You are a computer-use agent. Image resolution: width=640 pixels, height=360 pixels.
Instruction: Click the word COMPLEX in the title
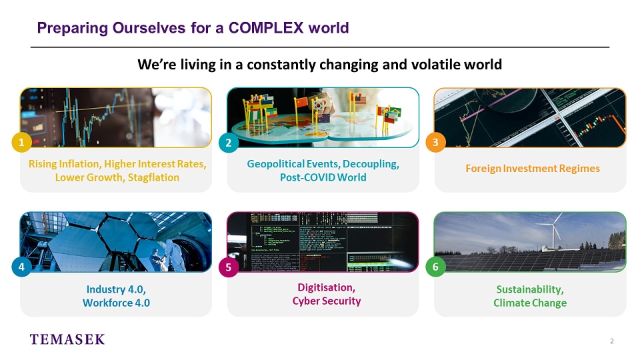click(x=266, y=28)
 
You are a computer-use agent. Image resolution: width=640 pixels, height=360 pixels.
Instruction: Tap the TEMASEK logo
click(x=67, y=339)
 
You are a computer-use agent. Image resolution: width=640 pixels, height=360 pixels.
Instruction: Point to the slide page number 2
click(x=611, y=341)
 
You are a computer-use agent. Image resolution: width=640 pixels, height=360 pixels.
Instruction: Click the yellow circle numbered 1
click(x=21, y=143)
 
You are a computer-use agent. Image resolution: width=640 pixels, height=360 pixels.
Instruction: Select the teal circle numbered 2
click(x=229, y=143)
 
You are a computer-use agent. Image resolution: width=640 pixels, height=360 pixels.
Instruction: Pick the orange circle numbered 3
click(x=435, y=143)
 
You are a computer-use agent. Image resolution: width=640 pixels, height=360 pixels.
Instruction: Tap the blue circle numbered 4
click(x=21, y=267)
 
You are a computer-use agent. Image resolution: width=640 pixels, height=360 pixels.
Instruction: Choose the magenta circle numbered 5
click(x=229, y=267)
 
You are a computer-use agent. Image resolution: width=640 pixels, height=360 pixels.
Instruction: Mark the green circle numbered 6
click(x=435, y=267)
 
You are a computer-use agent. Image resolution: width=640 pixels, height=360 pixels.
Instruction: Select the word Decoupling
click(x=371, y=164)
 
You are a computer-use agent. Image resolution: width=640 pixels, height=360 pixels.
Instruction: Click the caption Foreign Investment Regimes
click(x=533, y=169)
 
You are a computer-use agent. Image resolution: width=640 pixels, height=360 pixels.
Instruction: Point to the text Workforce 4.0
click(x=116, y=303)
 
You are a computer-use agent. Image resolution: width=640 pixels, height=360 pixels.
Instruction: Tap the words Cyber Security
click(x=327, y=301)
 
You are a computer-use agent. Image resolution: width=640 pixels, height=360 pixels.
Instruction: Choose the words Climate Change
click(x=530, y=303)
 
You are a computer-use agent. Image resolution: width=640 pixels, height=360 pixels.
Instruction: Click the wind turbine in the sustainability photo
click(x=553, y=231)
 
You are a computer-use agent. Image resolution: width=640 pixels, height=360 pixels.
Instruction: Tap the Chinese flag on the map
click(x=301, y=102)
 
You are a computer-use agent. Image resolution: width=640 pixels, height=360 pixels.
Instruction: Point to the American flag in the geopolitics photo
click(x=360, y=99)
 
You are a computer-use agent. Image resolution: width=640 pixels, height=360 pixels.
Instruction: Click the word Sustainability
click(x=530, y=289)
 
